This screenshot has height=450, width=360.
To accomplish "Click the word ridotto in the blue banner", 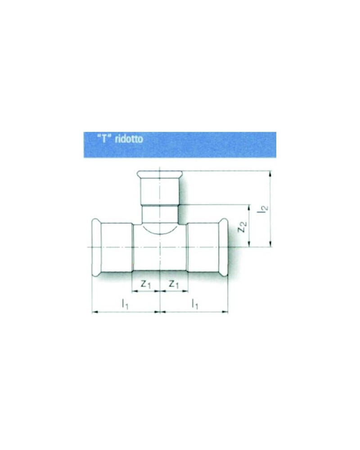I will [129, 139].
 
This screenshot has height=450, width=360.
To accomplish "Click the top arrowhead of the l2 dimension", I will [270, 173].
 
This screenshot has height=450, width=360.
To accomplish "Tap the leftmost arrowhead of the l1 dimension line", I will [94, 311].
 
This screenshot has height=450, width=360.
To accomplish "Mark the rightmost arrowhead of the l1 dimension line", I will [226, 311].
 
